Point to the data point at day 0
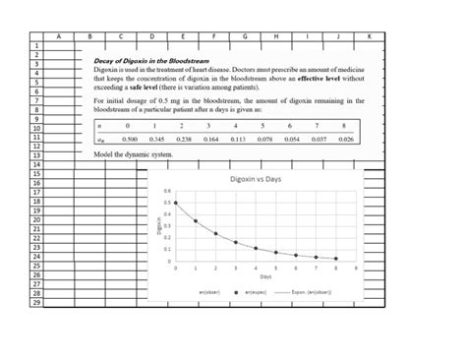tap(176, 202)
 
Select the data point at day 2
tap(216, 233)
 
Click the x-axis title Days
tap(253, 277)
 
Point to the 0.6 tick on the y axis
tap(167, 191)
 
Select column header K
tap(370, 35)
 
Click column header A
tap(58, 35)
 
